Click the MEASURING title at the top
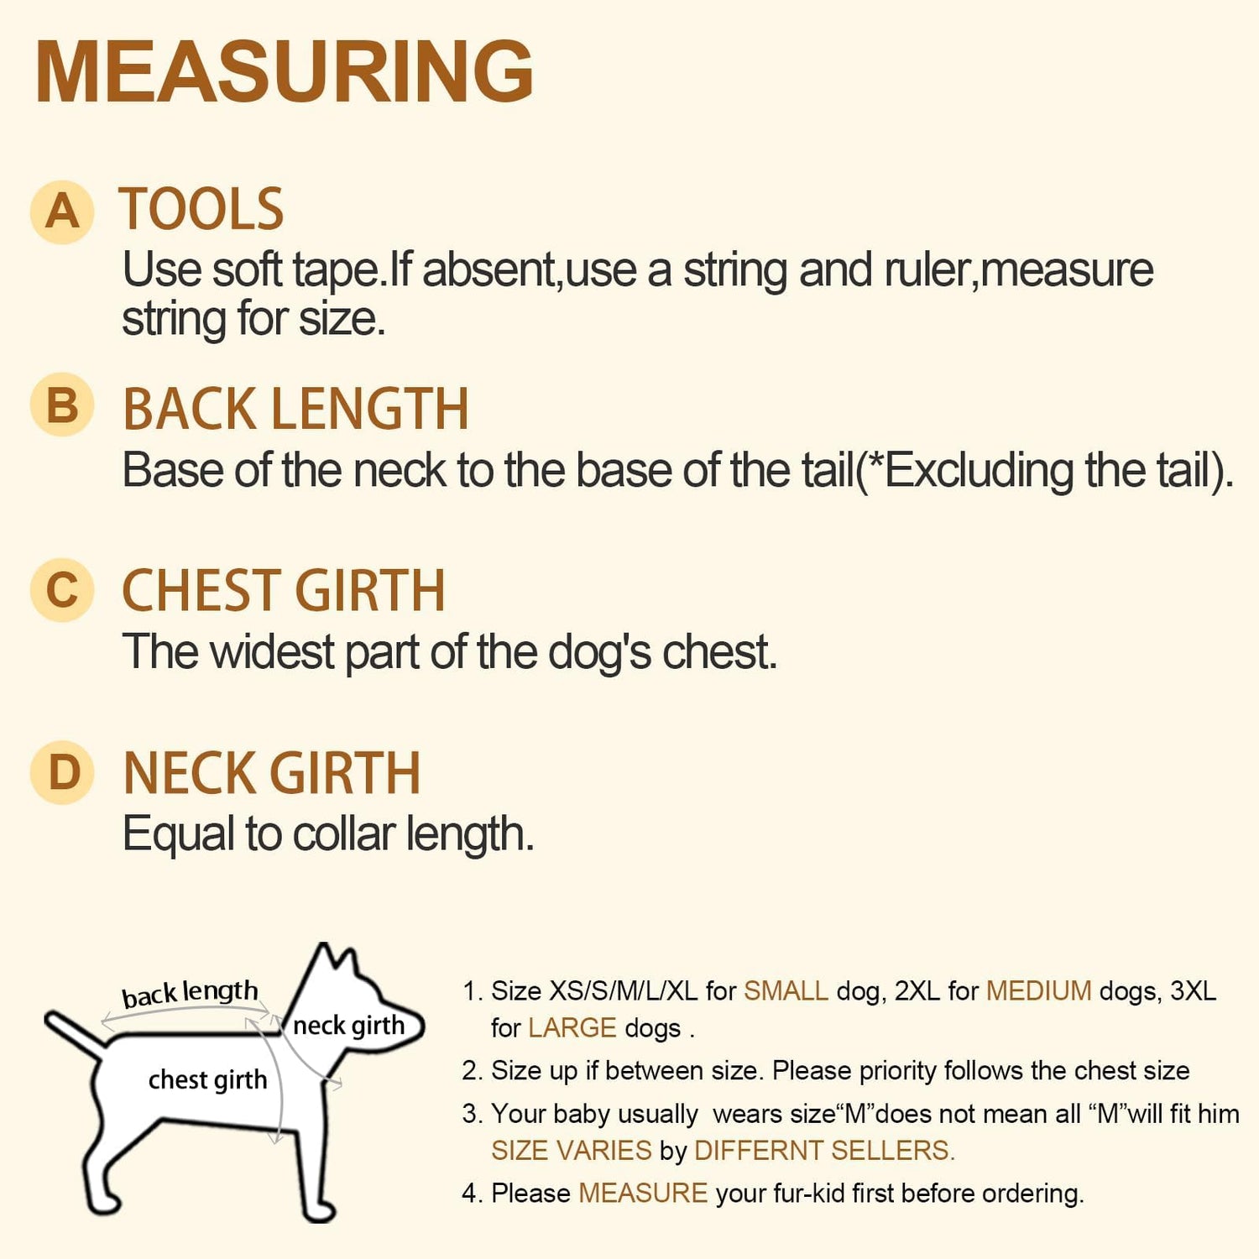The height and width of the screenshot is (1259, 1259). (285, 71)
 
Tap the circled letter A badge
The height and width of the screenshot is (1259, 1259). (62, 212)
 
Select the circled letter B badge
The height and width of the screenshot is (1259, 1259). (62, 405)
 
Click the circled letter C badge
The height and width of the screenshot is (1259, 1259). (62, 590)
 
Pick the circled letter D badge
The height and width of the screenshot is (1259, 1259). (62, 773)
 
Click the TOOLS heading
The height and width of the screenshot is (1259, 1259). (201, 209)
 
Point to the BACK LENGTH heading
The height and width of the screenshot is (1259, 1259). (295, 409)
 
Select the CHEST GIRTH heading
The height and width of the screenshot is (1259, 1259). (284, 590)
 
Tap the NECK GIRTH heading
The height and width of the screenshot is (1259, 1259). (271, 773)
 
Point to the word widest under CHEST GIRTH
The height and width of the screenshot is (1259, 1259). (273, 652)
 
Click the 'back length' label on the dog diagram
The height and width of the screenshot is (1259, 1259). (190, 994)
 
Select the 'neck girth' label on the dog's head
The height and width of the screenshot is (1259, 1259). (348, 1026)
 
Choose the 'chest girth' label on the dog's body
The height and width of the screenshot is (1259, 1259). (207, 1079)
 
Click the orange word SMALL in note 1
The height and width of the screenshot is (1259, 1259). (786, 991)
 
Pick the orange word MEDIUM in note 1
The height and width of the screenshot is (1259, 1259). (1038, 991)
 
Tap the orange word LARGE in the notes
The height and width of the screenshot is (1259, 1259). (572, 1028)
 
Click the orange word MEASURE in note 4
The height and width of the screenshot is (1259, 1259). (643, 1194)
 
